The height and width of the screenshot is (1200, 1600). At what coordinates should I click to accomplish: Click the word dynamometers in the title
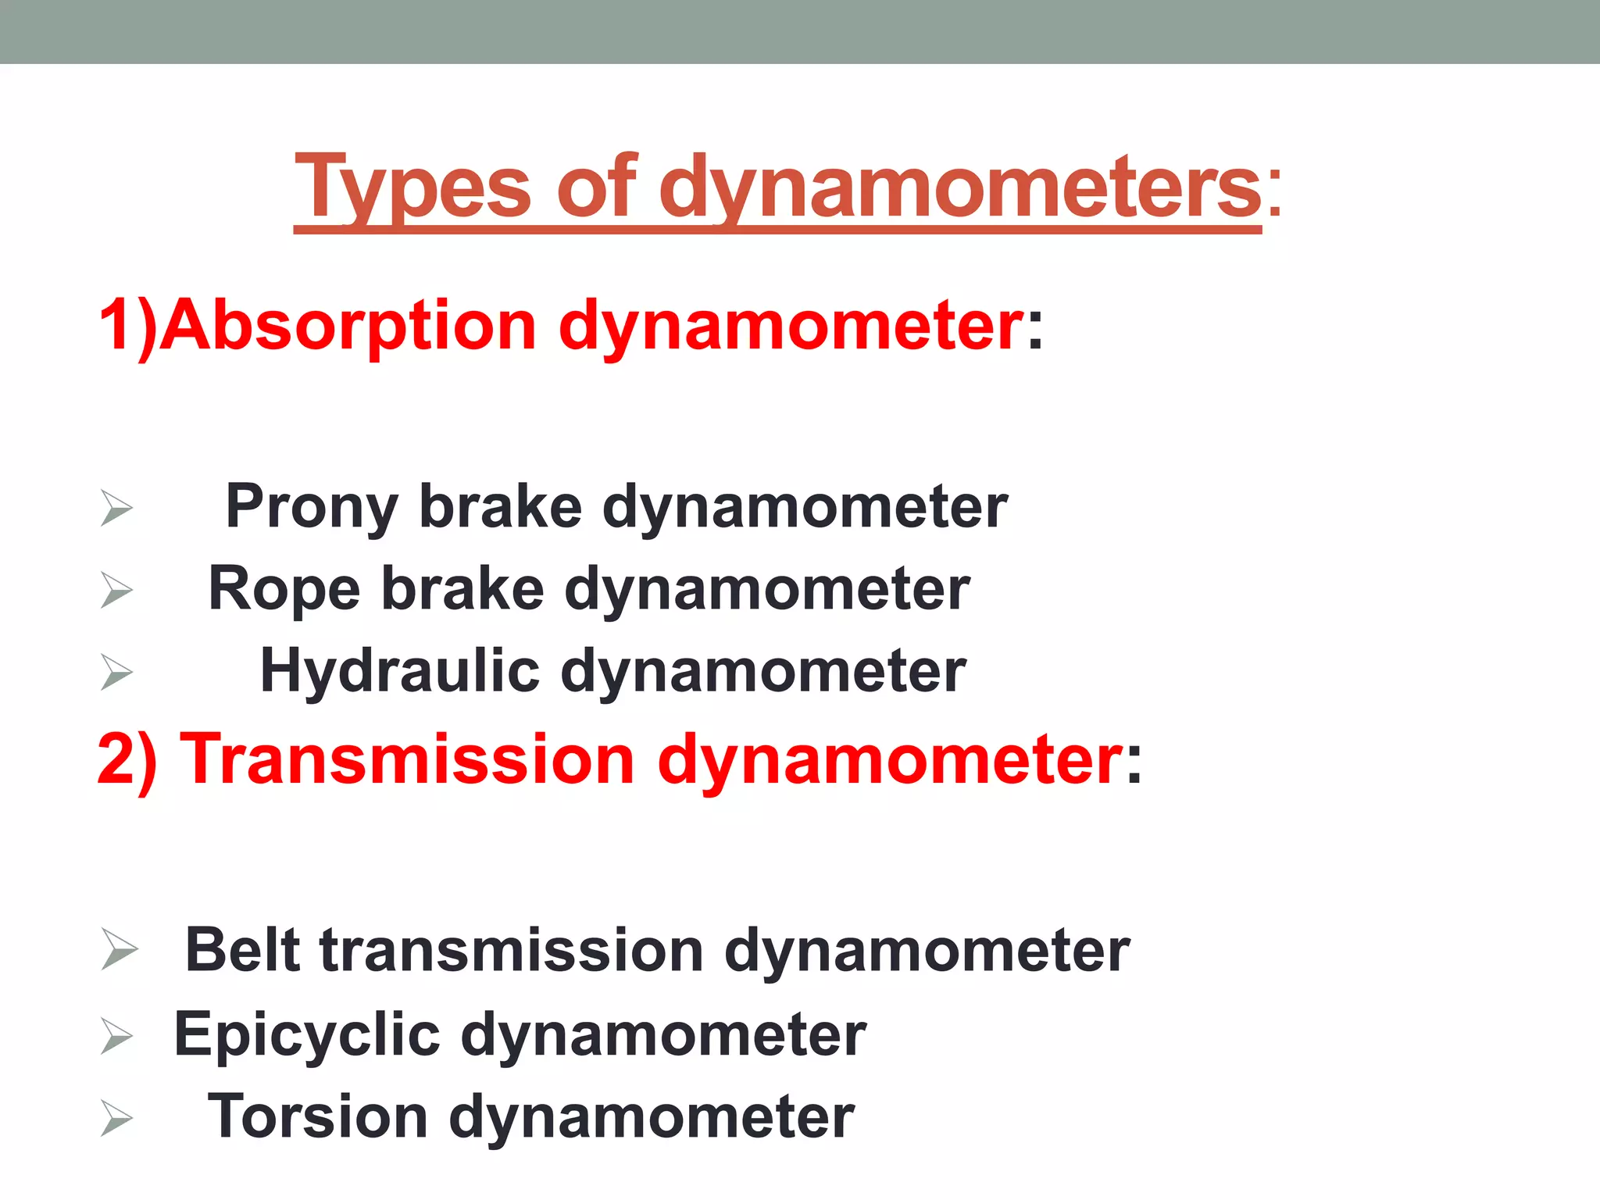click(960, 187)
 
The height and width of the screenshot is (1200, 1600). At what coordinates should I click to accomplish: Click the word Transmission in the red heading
click(407, 759)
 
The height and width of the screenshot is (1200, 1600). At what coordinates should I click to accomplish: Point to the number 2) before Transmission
click(127, 759)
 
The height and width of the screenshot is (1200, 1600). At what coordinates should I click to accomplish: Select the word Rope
click(284, 590)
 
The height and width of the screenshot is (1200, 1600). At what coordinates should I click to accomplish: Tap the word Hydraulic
click(400, 672)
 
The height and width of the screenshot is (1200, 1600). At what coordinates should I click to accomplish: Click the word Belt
click(242, 951)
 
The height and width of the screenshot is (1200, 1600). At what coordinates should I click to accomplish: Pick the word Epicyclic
click(307, 1035)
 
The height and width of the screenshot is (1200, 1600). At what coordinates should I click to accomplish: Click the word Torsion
click(318, 1117)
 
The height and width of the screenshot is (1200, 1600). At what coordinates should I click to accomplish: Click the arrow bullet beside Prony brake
click(116, 508)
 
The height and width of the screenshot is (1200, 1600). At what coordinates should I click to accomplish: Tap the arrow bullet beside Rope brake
click(116, 590)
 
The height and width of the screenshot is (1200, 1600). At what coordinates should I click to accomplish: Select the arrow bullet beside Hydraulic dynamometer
click(116, 672)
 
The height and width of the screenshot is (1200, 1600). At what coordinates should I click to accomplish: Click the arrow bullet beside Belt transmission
click(119, 951)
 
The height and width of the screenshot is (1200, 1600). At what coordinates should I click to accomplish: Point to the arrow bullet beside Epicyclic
click(116, 1036)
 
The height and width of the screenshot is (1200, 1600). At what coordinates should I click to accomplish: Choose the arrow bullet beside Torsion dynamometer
click(116, 1119)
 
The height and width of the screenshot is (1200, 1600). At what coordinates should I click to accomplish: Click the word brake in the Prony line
click(501, 506)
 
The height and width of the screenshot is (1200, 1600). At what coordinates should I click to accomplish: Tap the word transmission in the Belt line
click(512, 951)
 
